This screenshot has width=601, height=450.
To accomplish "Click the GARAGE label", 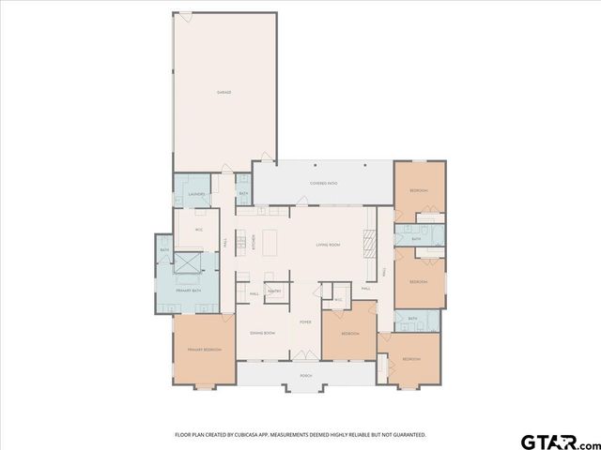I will tap(224, 92).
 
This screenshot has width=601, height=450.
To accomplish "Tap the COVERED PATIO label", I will tap(325, 184).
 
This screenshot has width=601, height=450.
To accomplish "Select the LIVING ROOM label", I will tap(327, 244).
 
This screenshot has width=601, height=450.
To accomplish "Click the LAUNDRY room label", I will tap(197, 195).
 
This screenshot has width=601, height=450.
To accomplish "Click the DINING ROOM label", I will tap(262, 333).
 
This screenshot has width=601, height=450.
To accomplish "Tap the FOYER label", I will tap(305, 322).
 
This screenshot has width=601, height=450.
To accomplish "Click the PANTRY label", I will tap(275, 292).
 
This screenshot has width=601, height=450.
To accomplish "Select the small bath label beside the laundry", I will tap(242, 194).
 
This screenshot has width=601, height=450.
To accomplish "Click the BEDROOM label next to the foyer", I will tap(349, 333).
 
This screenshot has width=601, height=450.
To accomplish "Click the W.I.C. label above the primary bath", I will tap(198, 229).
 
